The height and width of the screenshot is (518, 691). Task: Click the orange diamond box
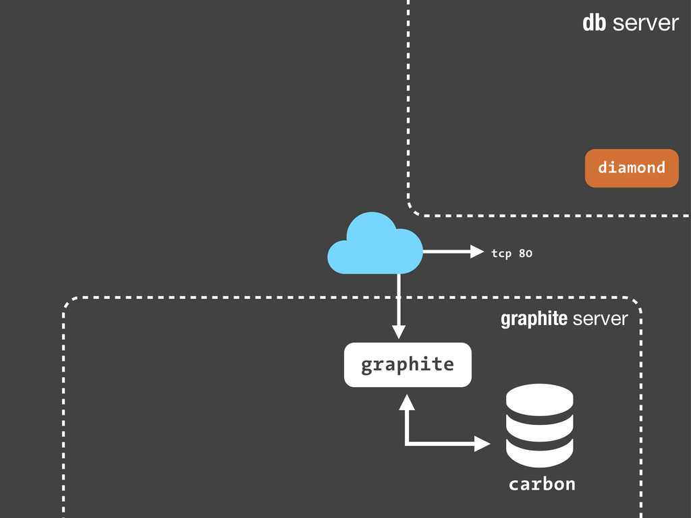pyautogui.click(x=632, y=168)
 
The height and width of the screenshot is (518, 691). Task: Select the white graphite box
pyautogui.click(x=408, y=365)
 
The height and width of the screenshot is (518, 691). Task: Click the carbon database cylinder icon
pyautogui.click(x=539, y=425)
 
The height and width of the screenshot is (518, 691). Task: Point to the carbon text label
pyautogui.click(x=542, y=484)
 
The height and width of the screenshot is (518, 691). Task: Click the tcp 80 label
pyautogui.click(x=512, y=254)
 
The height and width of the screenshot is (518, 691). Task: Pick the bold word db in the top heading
pyautogui.click(x=594, y=24)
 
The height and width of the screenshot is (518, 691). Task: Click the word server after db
pyautogui.click(x=646, y=24)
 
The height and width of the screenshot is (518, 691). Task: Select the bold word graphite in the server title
pyautogui.click(x=533, y=318)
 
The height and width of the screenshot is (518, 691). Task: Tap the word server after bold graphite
pyautogui.click(x=600, y=318)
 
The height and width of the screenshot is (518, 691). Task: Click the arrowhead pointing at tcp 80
pyautogui.click(x=477, y=252)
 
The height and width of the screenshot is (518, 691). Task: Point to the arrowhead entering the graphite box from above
pyautogui.click(x=399, y=332)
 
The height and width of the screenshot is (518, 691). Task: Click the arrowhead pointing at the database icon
pyautogui.click(x=482, y=444)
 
